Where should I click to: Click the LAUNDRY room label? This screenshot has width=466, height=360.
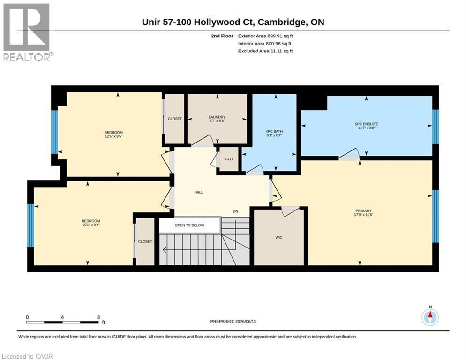(x=217, y=117)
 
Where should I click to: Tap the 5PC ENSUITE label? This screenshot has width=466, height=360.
(x=367, y=124)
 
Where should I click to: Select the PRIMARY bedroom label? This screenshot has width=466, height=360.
(x=363, y=211)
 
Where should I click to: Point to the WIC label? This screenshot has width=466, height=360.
(x=279, y=238)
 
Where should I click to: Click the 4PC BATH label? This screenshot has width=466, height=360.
(x=274, y=131)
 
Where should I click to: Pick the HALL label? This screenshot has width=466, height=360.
(x=198, y=192)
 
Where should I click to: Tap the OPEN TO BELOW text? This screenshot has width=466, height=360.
(x=189, y=225)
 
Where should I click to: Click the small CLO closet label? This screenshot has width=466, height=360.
(x=229, y=159)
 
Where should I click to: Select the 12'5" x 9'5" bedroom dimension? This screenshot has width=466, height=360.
(x=113, y=136)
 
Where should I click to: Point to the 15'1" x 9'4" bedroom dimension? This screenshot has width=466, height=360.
(x=91, y=225)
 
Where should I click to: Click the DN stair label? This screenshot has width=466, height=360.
(x=235, y=211)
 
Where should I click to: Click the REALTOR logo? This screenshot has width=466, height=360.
(x=27, y=32)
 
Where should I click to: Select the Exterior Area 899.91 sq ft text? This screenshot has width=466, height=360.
(x=265, y=36)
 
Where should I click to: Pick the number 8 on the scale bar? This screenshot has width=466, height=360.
(x=98, y=317)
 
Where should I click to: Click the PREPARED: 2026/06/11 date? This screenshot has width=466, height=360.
(x=233, y=322)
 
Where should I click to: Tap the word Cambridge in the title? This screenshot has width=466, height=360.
(x=281, y=22)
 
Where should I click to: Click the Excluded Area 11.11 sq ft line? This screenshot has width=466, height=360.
(x=265, y=51)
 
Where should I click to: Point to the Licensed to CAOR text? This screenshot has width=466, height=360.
(x=27, y=356)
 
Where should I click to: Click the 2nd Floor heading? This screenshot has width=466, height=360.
(x=222, y=36)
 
